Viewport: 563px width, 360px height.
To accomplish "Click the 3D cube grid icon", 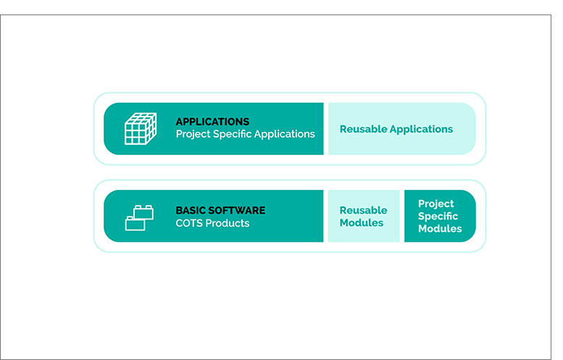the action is (x=141, y=129).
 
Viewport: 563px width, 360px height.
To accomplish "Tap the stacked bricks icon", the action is (x=139, y=218).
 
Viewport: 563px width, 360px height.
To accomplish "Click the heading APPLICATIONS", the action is (x=212, y=122).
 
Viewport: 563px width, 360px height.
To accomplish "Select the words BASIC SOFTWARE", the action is (x=220, y=210).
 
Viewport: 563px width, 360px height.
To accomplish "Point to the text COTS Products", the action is (x=212, y=223).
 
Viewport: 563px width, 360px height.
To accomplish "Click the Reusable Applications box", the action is (x=402, y=129).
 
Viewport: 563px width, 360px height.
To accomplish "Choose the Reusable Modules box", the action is (x=364, y=216).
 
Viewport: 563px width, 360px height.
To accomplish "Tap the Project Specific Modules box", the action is (x=440, y=216).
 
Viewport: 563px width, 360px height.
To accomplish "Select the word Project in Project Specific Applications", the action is (x=193, y=135).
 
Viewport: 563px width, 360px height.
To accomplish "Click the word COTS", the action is (x=187, y=223).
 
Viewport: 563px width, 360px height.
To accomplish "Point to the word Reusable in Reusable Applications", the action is (x=363, y=129).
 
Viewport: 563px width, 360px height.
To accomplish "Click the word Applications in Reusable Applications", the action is (x=422, y=130).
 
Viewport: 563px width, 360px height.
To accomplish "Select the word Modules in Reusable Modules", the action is (x=362, y=223).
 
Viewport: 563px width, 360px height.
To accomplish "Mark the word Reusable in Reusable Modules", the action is (x=363, y=210).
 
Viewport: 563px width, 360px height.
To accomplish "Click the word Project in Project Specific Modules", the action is (x=436, y=204).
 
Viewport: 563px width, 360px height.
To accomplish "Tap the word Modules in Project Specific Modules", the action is (x=440, y=229).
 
